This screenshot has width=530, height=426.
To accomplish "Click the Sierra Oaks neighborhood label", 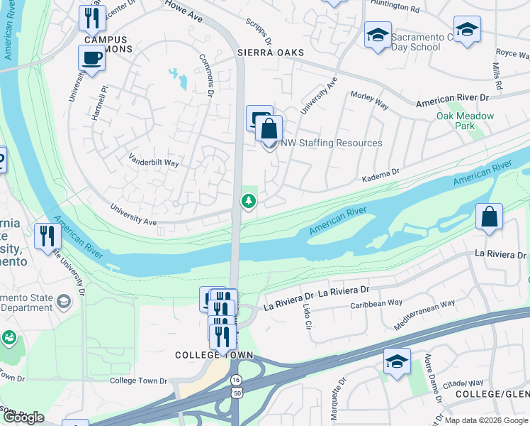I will click(x=271, y=53).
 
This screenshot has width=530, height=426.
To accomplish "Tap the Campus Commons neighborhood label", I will click(x=106, y=45).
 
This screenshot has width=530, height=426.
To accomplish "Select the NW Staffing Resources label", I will click(x=332, y=143).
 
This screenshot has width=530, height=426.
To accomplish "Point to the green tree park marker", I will click(x=249, y=202).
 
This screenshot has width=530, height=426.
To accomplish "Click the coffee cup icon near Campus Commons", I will click(x=91, y=58).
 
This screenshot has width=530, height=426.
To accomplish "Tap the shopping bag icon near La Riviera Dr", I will click(x=489, y=217).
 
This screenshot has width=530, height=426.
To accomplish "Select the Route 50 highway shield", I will click(x=235, y=393).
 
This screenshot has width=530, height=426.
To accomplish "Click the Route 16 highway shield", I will click(x=235, y=381).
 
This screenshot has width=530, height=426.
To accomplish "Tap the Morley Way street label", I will click(x=370, y=100).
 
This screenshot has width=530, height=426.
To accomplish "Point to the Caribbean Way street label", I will click(x=377, y=303).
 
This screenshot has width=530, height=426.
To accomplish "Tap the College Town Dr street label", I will click(x=138, y=381).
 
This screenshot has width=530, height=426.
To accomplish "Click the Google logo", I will click(x=23, y=417).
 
